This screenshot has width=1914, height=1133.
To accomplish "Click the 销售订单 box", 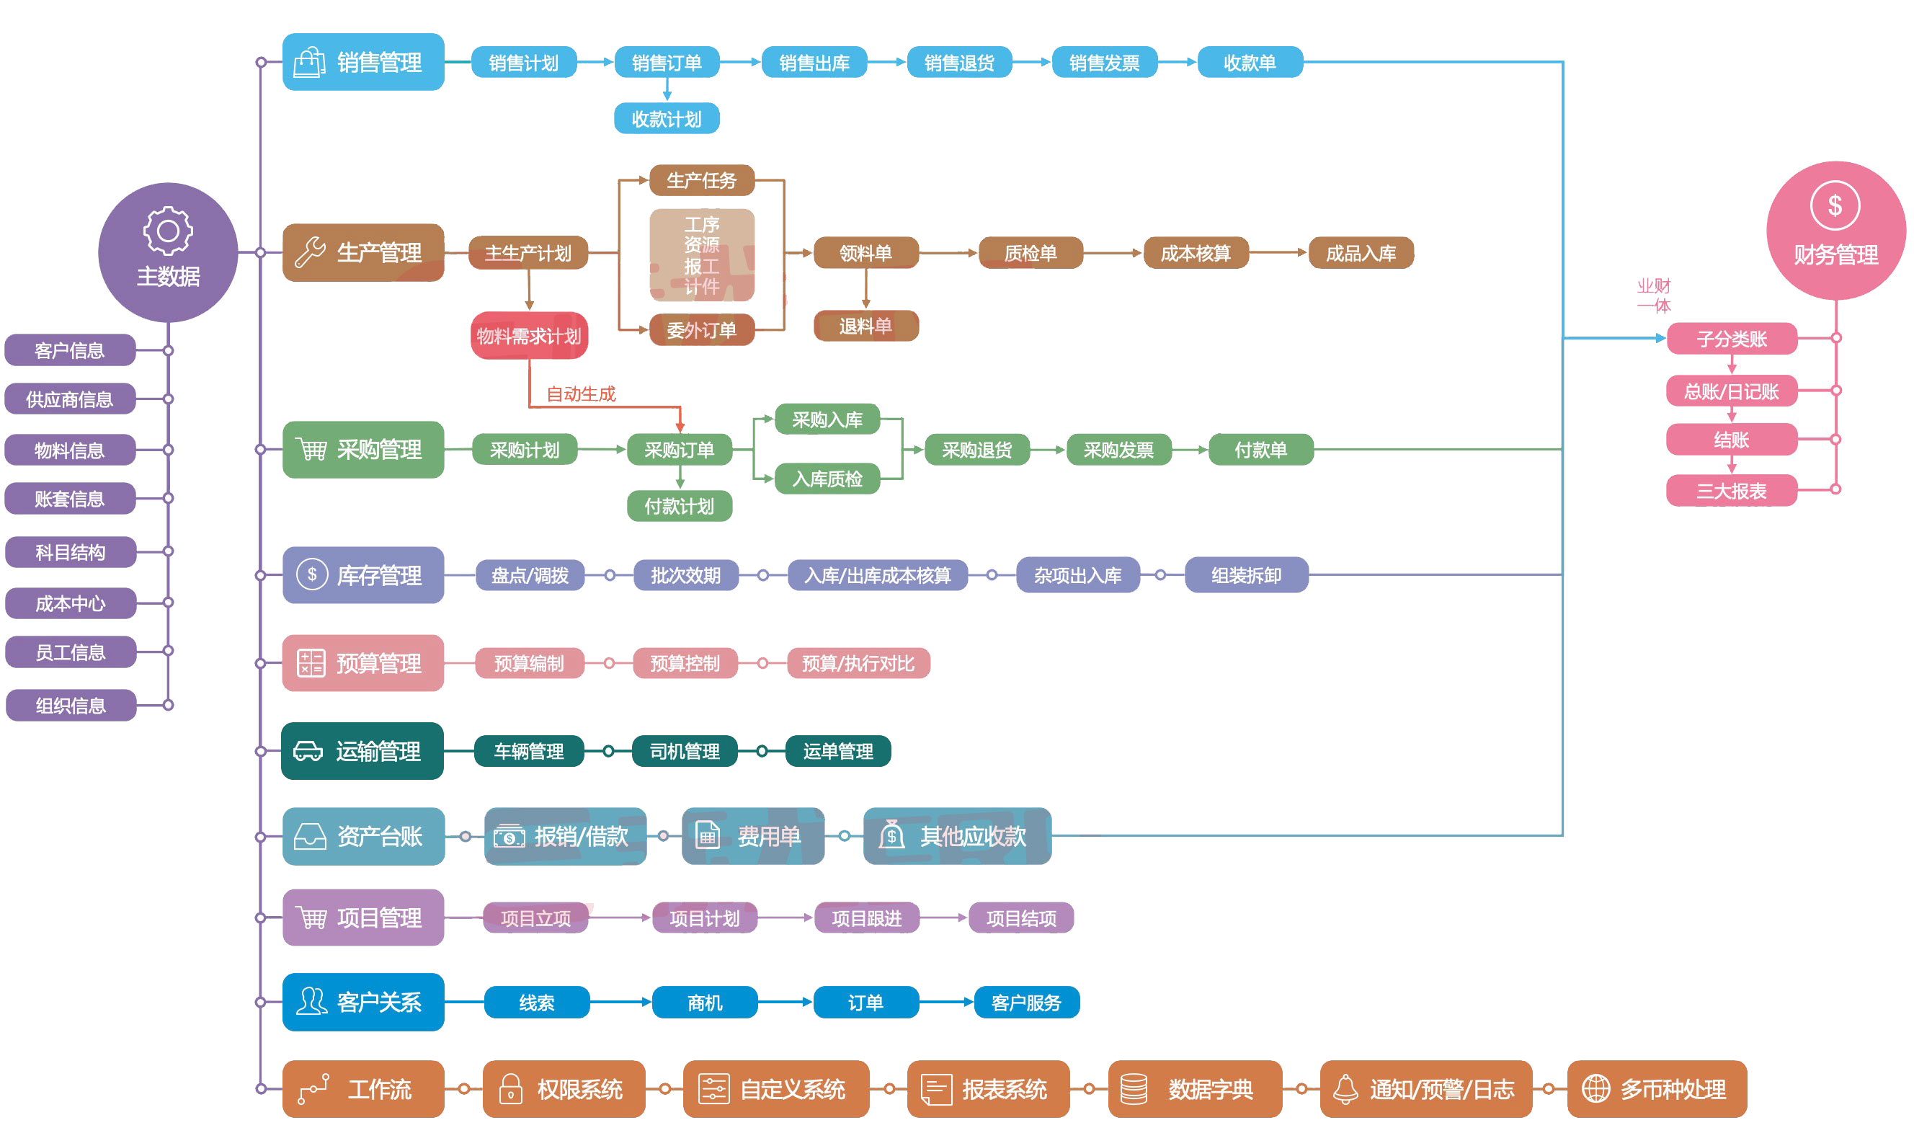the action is tap(667, 63).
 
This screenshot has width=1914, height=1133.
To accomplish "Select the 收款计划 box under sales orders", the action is tap(667, 118).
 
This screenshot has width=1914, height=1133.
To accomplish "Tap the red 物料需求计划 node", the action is tap(529, 335).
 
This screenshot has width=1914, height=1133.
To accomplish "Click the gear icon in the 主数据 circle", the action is tap(168, 230).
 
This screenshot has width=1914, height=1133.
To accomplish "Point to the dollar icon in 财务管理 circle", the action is tap(1835, 205).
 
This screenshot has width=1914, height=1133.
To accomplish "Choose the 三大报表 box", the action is tap(1731, 490).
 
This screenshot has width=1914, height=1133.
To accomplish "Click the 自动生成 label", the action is tap(581, 394).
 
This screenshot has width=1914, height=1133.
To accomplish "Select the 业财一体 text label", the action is tap(1654, 296).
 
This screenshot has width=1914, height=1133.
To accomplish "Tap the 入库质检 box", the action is tap(827, 479).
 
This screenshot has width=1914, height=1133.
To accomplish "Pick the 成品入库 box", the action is tap(1361, 253).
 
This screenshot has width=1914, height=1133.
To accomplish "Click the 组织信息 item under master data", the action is tap(70, 705).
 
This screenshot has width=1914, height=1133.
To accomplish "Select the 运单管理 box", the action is tap(838, 751).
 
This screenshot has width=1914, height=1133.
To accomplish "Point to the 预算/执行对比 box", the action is tap(858, 662).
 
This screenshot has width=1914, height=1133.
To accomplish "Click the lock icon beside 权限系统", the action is tap(510, 1089).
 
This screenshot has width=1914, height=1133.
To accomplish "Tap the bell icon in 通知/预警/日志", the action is tap(1345, 1089).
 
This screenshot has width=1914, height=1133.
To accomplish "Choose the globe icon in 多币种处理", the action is tap(1595, 1089).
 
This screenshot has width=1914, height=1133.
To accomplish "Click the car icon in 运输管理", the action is tap(308, 751).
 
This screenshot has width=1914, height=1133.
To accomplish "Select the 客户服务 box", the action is tap(1026, 1003).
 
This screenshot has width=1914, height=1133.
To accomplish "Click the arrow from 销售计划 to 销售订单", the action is tap(595, 62).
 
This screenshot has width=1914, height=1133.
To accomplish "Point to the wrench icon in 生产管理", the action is tap(310, 252).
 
